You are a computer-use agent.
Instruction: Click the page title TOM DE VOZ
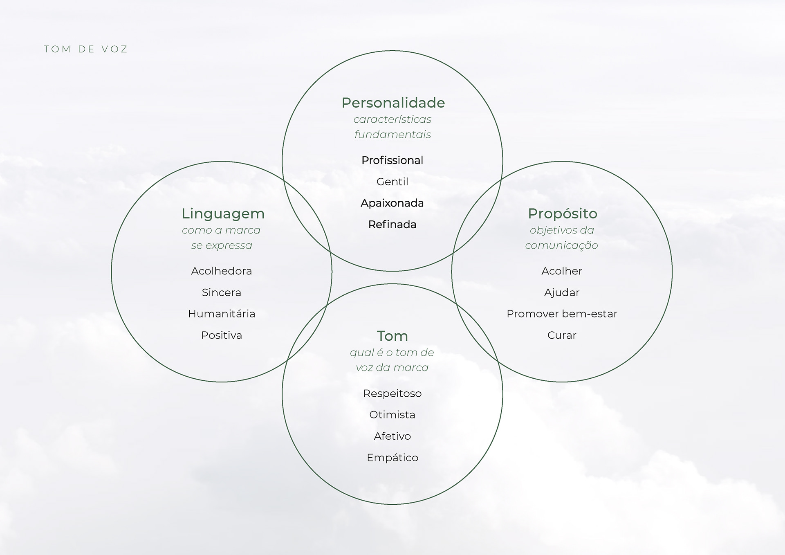coord(86,49)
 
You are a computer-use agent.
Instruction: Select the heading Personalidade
coord(393,103)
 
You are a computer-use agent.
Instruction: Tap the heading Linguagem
coord(223,214)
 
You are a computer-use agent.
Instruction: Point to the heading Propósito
coord(562,213)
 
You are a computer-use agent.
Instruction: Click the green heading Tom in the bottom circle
coord(392,336)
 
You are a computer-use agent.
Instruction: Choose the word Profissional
coord(392,160)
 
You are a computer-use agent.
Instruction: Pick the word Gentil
coord(392,182)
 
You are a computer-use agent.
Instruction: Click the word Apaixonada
coord(392,203)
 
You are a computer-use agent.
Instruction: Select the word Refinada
coord(392,225)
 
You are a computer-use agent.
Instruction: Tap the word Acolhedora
coord(221,271)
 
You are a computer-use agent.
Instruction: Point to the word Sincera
coord(221,292)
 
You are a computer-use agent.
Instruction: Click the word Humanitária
coord(221,314)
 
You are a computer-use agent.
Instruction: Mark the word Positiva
coord(221,335)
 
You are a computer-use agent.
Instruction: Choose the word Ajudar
coord(561,292)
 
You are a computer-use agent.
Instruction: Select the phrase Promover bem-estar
coord(561,314)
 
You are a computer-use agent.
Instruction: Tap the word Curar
coord(561,335)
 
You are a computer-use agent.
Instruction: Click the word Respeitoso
coord(392,393)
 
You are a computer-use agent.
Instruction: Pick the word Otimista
coord(392,415)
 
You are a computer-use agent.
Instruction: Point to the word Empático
coord(392,458)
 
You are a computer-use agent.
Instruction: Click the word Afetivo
coord(392,436)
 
